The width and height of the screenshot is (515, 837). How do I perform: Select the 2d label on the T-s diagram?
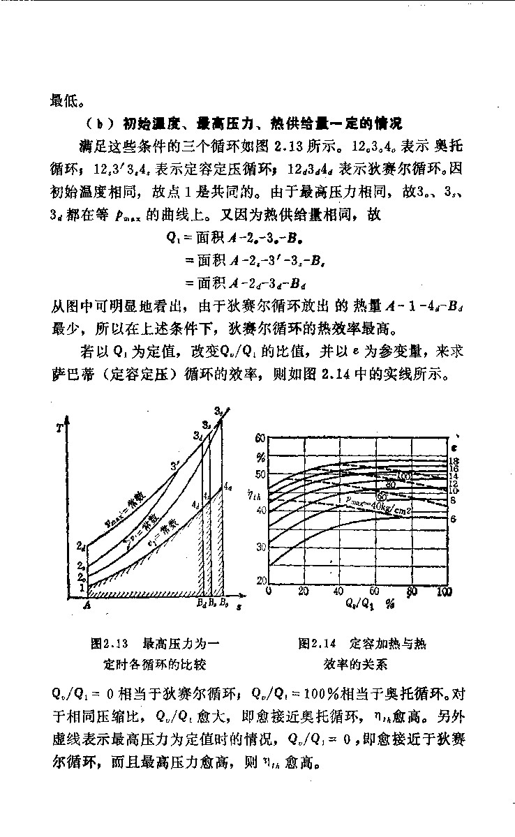pos(82,544)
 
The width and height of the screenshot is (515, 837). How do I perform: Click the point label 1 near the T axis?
pos(82,588)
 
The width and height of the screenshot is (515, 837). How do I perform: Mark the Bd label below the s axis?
pos(200,601)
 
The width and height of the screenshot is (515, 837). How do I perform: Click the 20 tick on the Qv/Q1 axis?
pos(302,591)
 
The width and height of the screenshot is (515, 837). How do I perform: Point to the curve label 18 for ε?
pos(454,461)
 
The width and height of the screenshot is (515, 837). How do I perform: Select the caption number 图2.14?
pos(315,644)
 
